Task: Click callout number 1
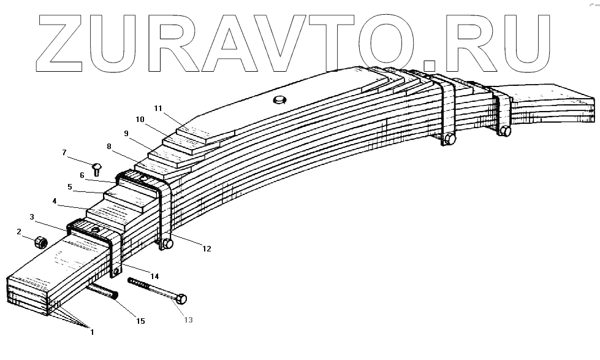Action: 92,332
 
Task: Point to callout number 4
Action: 55,201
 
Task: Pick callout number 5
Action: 70,186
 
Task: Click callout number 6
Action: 82,175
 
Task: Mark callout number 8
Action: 109,147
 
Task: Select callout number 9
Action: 126,133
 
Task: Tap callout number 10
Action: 140,119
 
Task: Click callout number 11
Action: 158,109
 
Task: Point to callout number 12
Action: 207,248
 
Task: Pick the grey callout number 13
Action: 188,318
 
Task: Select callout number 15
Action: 140,321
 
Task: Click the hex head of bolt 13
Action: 181,299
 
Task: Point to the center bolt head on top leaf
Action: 280,100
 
